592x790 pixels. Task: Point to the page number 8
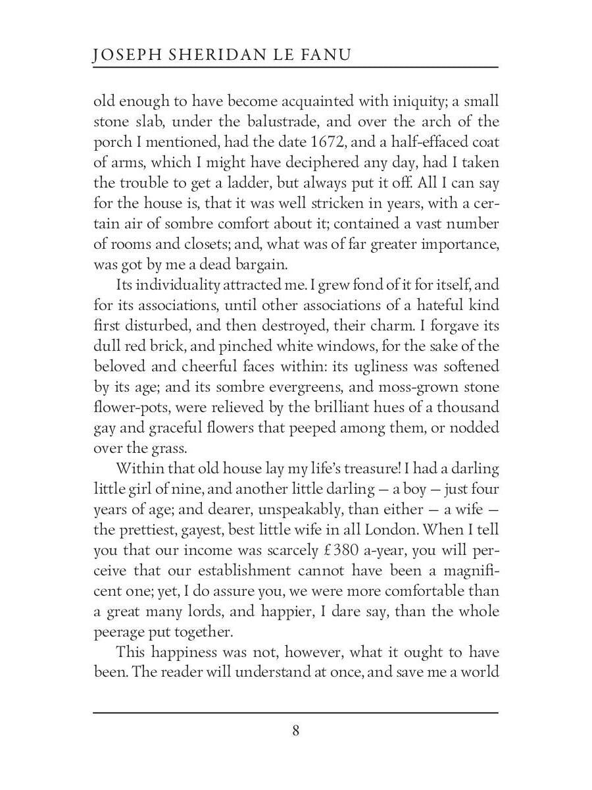(x=295, y=731)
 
